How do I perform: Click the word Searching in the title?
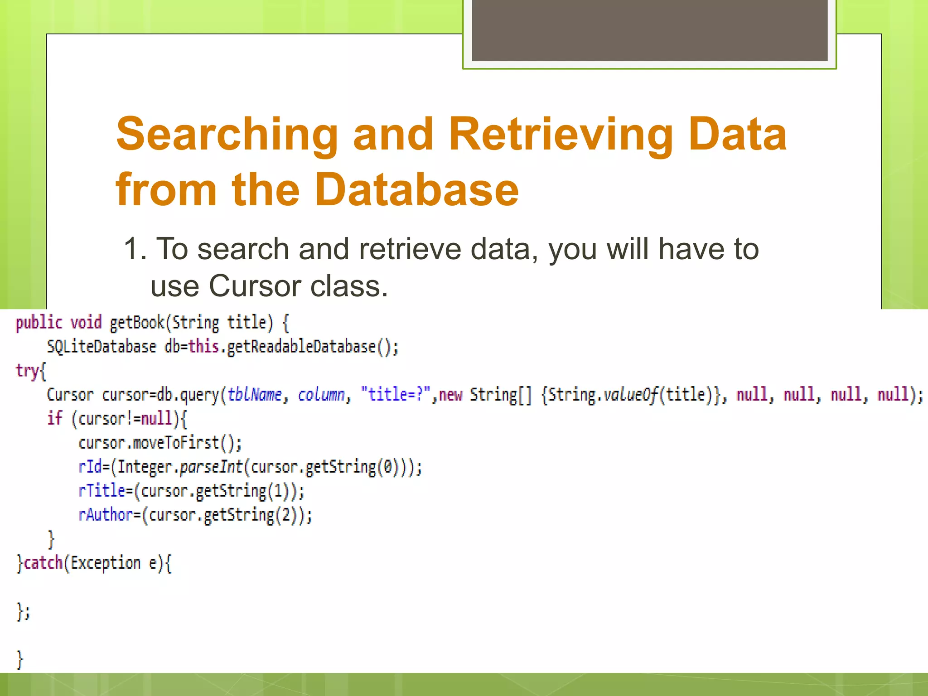click(227, 135)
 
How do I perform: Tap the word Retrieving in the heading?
click(561, 135)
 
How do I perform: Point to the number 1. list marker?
click(135, 249)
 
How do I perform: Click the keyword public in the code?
click(39, 323)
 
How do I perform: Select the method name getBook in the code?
click(137, 323)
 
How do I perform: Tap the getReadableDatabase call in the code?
click(301, 347)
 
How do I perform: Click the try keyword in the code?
click(27, 371)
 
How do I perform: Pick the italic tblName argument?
click(255, 395)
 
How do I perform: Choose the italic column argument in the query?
click(321, 395)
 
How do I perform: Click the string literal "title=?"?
click(395, 395)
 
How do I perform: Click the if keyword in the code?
click(54, 418)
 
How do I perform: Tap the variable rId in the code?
click(90, 467)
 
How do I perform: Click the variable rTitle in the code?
click(101, 491)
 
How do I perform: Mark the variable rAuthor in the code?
click(106, 515)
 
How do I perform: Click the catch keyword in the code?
click(43, 563)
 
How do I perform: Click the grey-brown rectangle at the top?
click(649, 30)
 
